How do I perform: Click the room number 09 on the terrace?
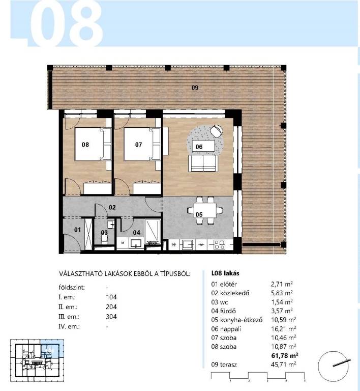(195, 88)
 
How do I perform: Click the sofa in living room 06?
(203, 163)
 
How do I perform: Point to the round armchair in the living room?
(217, 130)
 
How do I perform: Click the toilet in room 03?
(104, 239)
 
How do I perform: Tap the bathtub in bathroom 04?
(153, 232)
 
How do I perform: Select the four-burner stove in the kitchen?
(219, 244)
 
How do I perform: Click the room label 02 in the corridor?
(112, 207)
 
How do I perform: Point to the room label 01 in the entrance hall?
(77, 230)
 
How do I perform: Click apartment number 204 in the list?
(111, 306)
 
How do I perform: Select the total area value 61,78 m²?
(285, 355)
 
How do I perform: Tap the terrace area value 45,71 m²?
(284, 365)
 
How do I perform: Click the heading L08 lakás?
(225, 273)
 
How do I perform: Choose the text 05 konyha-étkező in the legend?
(237, 320)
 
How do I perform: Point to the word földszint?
(72, 287)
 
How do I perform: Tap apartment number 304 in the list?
(111, 317)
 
